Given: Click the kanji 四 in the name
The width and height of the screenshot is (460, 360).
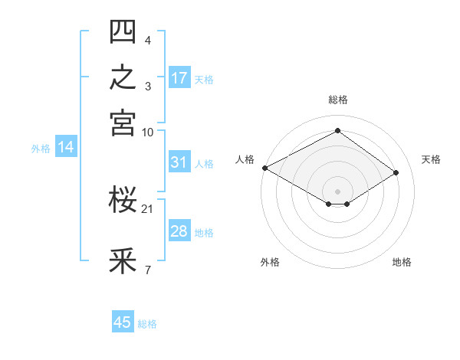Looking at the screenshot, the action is click(x=123, y=31).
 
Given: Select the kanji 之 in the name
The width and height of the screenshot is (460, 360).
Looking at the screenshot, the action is click(x=123, y=77).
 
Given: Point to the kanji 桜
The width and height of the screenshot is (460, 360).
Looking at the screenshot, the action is click(x=123, y=199).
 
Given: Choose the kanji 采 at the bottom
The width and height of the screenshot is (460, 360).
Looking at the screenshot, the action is click(x=123, y=260).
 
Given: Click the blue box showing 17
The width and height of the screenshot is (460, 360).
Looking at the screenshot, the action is click(x=179, y=77).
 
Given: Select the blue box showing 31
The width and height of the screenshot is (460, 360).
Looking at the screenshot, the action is click(x=179, y=162).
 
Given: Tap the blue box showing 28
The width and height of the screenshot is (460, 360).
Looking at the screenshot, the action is click(x=179, y=230).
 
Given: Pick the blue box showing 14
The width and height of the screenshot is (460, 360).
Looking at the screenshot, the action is click(x=66, y=146).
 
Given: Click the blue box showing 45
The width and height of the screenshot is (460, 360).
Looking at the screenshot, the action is click(x=123, y=321).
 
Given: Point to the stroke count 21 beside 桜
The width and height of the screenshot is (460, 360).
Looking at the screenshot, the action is click(x=147, y=209).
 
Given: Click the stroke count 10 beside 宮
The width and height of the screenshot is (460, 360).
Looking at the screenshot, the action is click(x=147, y=133).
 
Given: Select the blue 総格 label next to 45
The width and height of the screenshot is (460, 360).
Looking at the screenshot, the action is click(x=147, y=324).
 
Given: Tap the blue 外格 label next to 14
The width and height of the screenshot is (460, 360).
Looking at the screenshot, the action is click(x=41, y=149).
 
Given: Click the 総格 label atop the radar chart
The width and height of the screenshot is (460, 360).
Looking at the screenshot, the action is click(x=338, y=100).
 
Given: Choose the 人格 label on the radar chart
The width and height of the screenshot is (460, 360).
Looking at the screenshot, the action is click(x=245, y=159).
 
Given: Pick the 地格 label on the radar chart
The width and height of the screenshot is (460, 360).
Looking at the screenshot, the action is click(x=402, y=262).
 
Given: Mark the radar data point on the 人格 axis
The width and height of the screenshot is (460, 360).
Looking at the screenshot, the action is click(x=265, y=168).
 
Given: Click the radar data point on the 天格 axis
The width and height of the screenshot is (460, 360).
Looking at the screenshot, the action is click(x=396, y=172).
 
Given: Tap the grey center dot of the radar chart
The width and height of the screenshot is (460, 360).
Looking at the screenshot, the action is click(x=337, y=191).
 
